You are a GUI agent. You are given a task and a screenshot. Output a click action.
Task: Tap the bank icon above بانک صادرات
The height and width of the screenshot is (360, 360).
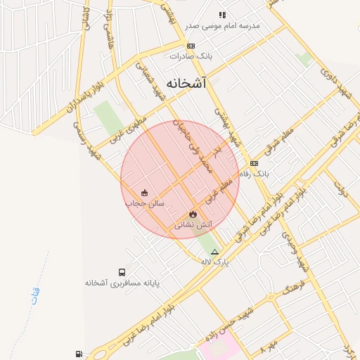point(191,45)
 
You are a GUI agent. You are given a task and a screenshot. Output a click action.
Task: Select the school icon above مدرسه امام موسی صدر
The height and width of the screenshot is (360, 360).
point(222,15)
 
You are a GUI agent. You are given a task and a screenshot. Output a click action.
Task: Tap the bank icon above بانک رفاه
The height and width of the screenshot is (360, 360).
point(254,163)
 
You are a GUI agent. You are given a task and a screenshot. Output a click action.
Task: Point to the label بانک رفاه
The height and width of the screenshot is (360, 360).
point(254,173)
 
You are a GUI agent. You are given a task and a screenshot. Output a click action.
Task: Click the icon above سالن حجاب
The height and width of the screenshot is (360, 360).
point(145,193)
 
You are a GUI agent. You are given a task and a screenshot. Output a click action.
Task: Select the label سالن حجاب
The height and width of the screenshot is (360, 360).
point(145,203)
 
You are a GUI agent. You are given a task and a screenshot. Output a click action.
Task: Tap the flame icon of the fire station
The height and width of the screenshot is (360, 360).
point(193,214)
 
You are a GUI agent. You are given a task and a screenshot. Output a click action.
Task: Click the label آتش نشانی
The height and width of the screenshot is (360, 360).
point(193,224)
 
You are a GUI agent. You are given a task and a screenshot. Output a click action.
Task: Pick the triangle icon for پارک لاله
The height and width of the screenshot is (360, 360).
point(214,251)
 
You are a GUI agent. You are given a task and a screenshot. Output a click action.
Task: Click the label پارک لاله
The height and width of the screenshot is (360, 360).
point(216,262)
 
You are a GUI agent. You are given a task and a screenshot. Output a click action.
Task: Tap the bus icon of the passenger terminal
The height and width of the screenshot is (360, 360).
point(122,272)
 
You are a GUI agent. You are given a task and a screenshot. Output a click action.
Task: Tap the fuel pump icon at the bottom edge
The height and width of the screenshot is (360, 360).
point(77,354)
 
